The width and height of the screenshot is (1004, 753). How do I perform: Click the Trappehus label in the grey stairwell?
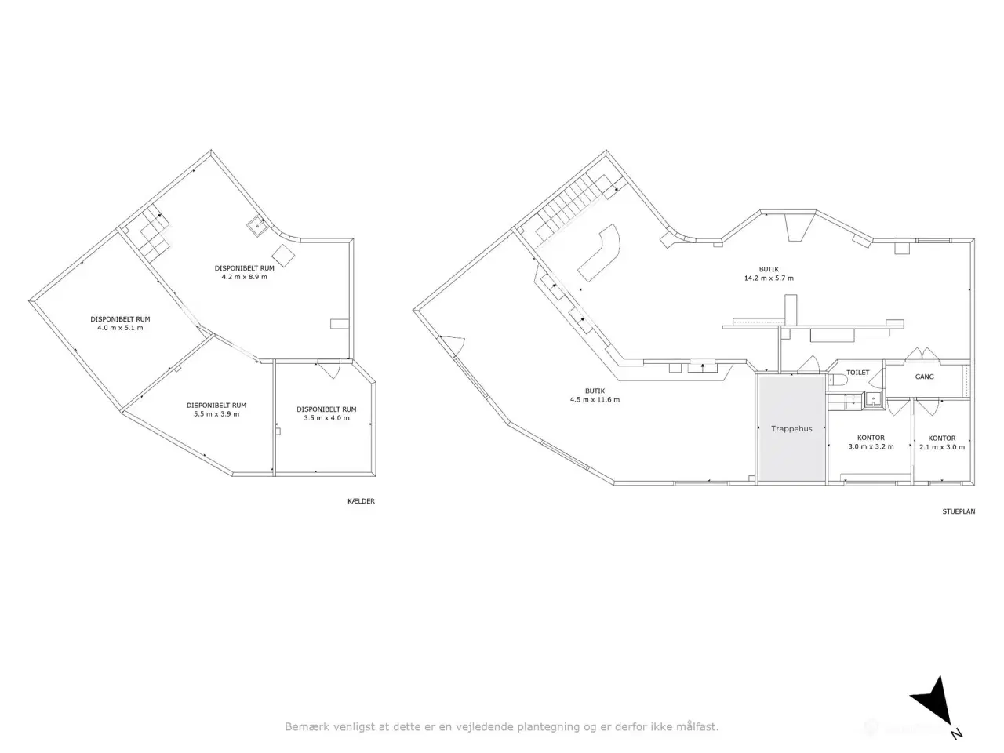tap(791, 428)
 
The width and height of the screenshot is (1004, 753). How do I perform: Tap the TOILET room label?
tap(857, 372)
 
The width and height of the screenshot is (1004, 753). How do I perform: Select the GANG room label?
tap(925, 376)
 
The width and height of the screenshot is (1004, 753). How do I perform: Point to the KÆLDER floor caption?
tap(361, 501)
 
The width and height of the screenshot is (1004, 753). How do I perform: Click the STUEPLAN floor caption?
tap(959, 511)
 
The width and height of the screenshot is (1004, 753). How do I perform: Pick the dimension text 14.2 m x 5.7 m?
tap(769, 278)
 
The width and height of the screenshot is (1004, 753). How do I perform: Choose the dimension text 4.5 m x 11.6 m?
tap(595, 399)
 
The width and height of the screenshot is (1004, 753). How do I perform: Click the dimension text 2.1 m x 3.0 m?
tap(942, 446)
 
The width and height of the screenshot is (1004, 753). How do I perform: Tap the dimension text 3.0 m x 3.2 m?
tap(871, 446)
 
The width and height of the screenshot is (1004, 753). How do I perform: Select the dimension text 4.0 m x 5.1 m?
tap(120, 328)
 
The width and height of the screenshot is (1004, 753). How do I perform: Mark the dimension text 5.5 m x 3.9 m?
tap(216, 414)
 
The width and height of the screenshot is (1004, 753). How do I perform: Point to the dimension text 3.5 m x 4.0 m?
tap(326, 418)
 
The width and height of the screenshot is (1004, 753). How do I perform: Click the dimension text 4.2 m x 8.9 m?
tap(244, 277)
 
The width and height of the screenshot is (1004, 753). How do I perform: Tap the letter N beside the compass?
tap(956, 735)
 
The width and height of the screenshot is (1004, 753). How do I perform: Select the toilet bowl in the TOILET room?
tap(835, 380)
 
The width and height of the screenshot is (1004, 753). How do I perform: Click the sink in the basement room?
tap(257, 226)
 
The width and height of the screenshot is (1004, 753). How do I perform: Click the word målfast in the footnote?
tap(697, 726)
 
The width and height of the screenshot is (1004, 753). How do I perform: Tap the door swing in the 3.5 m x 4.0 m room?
tap(329, 369)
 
